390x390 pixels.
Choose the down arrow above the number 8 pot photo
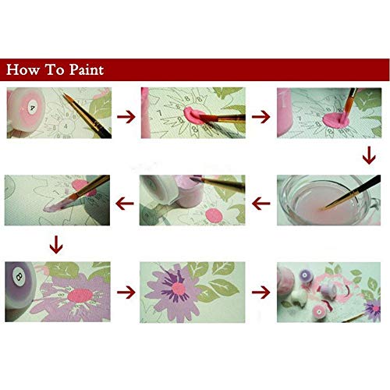point(55,247)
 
